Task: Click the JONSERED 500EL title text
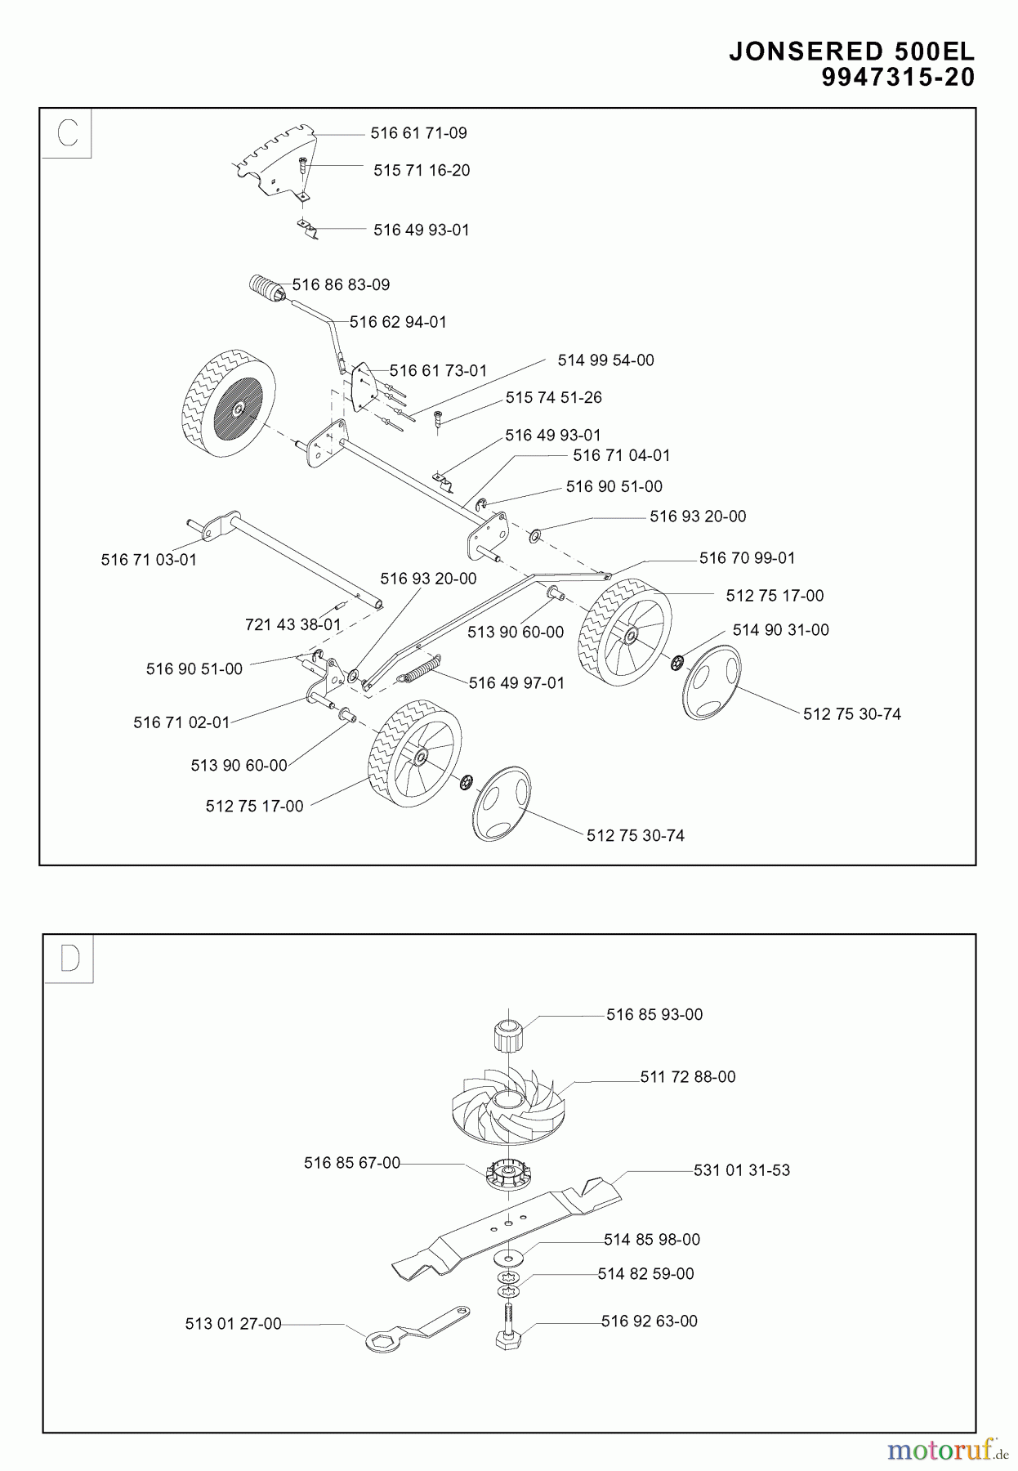pos(851,51)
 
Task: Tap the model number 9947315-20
pos(898,78)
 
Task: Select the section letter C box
pos(67,132)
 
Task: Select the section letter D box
pos(69,959)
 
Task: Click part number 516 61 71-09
pos(418,133)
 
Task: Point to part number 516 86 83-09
pos(341,285)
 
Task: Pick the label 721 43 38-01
pos(292,624)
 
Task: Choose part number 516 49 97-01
pos(516,683)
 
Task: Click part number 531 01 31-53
pos(741,1170)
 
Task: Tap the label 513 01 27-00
pos(233,1323)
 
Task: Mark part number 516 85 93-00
pos(654,1014)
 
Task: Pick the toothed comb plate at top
pos(274,159)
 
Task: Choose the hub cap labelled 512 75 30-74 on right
pos(711,682)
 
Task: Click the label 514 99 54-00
pos(605,360)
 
